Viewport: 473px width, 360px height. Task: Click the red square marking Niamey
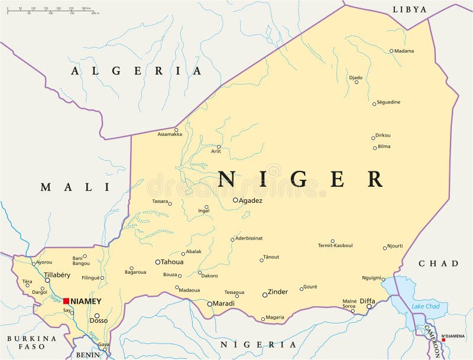[66, 301]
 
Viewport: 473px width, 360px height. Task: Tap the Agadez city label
[251, 200]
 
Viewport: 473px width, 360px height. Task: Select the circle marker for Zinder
[265, 294]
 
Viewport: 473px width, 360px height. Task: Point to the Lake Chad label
[425, 306]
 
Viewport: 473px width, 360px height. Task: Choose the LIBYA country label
[409, 9]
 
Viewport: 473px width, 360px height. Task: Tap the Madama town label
[404, 51]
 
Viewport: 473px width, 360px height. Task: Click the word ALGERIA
[137, 71]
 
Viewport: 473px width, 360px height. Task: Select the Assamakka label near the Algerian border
[170, 134]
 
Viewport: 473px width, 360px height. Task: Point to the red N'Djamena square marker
[443, 340]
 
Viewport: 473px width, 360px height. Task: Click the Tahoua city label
[172, 262]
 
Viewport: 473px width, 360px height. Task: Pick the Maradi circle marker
[209, 304]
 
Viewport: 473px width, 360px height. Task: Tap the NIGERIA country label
[258, 344]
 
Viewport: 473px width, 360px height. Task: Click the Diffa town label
[367, 300]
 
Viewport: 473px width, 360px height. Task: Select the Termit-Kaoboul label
[335, 245]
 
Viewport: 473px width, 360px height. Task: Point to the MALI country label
[75, 187]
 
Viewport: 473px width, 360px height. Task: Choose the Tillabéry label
[57, 275]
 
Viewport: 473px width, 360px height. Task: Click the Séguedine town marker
[374, 103]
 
